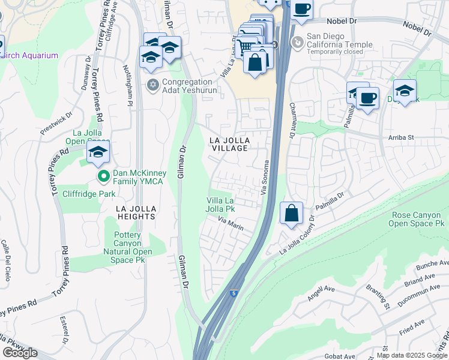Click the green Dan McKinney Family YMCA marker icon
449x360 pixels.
click(x=103, y=176)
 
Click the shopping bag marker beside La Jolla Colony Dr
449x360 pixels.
click(x=291, y=213)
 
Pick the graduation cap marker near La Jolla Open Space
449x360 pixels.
click(x=98, y=152)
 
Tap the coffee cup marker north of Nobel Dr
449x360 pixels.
click(x=302, y=9)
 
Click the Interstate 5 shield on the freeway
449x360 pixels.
click(x=233, y=293)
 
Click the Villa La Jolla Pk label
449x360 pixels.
click(x=220, y=205)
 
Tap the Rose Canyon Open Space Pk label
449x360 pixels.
click(x=418, y=219)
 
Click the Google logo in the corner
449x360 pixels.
click(x=20, y=353)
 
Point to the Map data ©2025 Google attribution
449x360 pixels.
click(x=411, y=355)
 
